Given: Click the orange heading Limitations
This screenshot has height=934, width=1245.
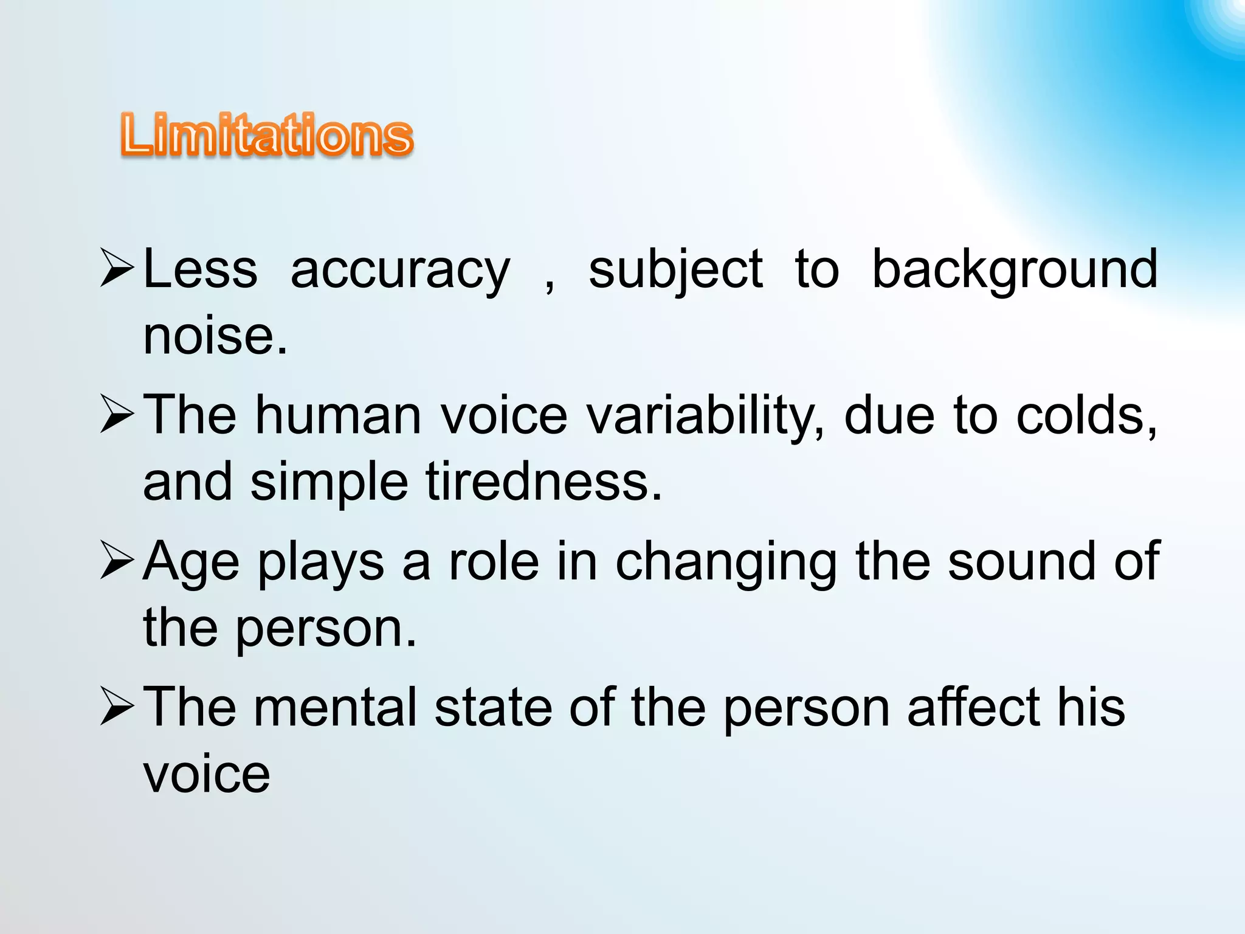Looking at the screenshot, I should pos(267,135).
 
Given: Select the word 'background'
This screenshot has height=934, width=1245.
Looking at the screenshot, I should pos(1015,271).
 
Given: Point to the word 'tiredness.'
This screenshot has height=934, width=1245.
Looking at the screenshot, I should pos(543,482).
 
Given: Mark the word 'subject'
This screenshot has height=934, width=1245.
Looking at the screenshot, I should pos(675,271).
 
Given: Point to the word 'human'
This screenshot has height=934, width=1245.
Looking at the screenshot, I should pos(338,415).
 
